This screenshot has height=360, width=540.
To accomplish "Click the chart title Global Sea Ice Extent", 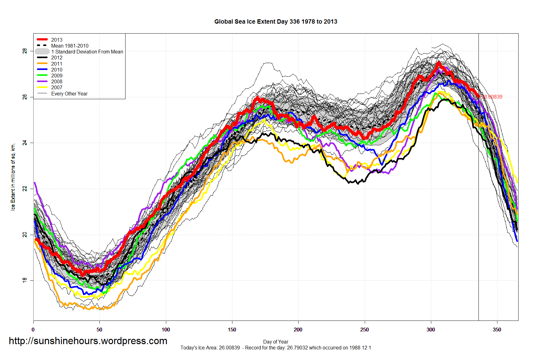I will [x=276, y=21].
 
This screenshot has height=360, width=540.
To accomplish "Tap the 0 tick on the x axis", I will [x=33, y=330].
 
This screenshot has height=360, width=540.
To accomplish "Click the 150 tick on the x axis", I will [x=232, y=330].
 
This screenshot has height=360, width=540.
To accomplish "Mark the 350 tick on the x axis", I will [x=497, y=330].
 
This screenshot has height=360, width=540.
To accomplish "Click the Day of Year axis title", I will [x=276, y=342].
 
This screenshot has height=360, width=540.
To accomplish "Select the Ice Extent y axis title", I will [x=13, y=177].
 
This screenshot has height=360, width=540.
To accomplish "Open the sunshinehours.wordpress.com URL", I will [x=88, y=341].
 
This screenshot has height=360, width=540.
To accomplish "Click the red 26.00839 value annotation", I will [x=492, y=97].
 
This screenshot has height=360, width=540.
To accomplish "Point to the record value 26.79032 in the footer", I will [x=297, y=348].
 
